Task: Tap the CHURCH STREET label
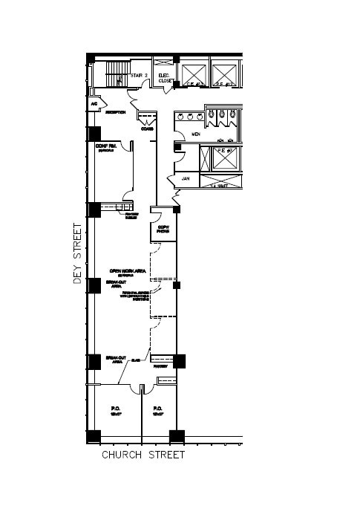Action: point(143,455)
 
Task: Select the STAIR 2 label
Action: point(140,76)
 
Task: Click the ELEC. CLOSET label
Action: point(165,78)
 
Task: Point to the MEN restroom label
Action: point(196,134)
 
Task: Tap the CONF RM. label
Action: point(107,146)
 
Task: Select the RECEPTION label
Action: point(115,112)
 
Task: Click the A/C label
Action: point(94,104)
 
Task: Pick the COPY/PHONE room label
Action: point(163,229)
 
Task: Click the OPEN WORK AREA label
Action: point(125,270)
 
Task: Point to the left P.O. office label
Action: point(116,409)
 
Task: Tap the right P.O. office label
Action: point(157,409)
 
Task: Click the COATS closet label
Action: point(147,129)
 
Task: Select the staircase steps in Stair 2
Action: point(115,75)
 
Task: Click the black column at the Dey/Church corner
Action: point(94,436)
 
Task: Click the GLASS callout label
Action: point(136,361)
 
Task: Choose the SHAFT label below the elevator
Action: point(220,186)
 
